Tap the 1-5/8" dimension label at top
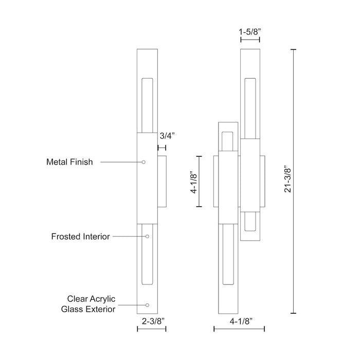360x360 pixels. click(x=250, y=31)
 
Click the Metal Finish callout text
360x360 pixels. click(x=69, y=162)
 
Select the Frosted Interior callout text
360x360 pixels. click(x=81, y=237)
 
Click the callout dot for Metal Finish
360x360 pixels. click(x=143, y=162)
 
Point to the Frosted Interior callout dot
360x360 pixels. click(x=147, y=237)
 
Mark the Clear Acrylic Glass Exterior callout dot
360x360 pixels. click(x=147, y=305)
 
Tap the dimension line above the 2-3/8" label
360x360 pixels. click(x=152, y=329)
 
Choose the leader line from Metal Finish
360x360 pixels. click(x=121, y=162)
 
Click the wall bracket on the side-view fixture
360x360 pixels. click(x=163, y=181)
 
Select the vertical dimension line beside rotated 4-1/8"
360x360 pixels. click(x=200, y=181)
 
